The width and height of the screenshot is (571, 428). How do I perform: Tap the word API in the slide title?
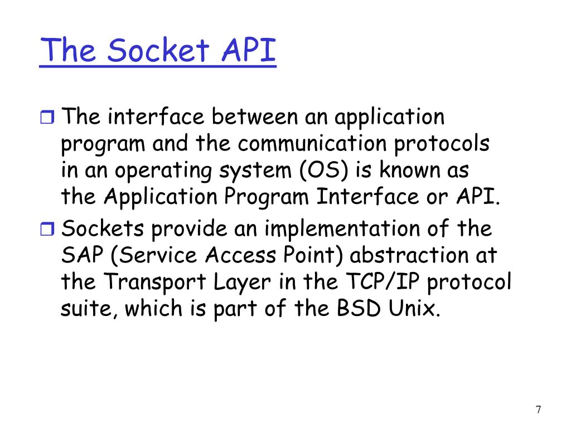248,51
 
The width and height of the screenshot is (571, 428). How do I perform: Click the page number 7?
538,410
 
